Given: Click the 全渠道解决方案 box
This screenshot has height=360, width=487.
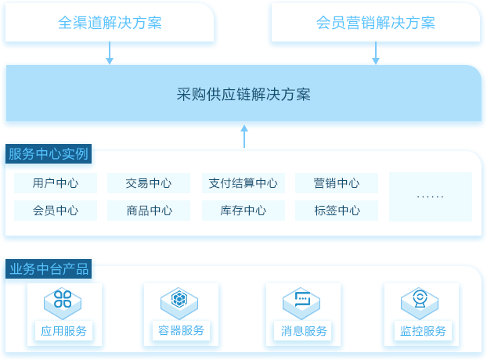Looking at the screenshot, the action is (x=110, y=22).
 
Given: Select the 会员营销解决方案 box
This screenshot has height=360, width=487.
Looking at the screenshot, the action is (x=376, y=22).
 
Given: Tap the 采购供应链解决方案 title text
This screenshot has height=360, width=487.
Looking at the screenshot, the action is (x=243, y=94).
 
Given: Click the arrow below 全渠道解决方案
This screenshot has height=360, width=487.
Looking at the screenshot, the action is (x=110, y=52).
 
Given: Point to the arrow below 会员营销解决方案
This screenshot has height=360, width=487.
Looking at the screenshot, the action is (x=376, y=52).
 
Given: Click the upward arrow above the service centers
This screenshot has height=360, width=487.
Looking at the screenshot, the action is (x=244, y=136).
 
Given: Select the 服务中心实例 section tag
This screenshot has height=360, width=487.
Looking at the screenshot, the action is (x=49, y=153).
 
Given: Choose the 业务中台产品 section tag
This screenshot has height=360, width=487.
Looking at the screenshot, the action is (x=49, y=268).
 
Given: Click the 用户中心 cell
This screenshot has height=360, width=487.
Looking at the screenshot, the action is (x=56, y=183).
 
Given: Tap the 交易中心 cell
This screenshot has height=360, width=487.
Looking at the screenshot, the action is (x=149, y=183).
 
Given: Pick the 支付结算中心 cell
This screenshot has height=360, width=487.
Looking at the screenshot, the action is (x=243, y=183).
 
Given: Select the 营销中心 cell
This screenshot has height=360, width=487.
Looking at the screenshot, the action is (x=337, y=183).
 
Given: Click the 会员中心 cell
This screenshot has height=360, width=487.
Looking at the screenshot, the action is (x=56, y=211).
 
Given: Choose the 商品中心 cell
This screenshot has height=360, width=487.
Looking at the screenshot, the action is (x=149, y=211).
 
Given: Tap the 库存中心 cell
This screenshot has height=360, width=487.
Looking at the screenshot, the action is (x=243, y=211).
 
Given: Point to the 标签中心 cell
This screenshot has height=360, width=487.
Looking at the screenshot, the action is (x=337, y=211).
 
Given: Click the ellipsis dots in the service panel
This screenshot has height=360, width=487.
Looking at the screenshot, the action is (x=430, y=196).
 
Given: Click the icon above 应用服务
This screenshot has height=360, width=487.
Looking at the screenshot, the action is (x=63, y=303).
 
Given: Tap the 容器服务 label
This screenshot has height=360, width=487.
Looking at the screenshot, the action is (x=181, y=330).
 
